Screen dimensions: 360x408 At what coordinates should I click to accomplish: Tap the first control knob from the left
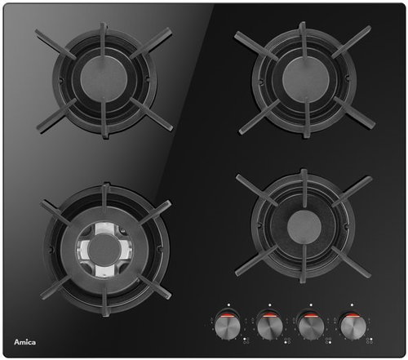226,323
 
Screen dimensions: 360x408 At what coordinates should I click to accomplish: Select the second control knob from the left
268,323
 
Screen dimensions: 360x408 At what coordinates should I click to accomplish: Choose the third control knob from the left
311,323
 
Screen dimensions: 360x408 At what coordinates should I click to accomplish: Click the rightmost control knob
353,323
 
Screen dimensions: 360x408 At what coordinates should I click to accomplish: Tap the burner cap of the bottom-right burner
301,223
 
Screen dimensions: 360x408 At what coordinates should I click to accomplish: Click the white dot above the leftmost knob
231,304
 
